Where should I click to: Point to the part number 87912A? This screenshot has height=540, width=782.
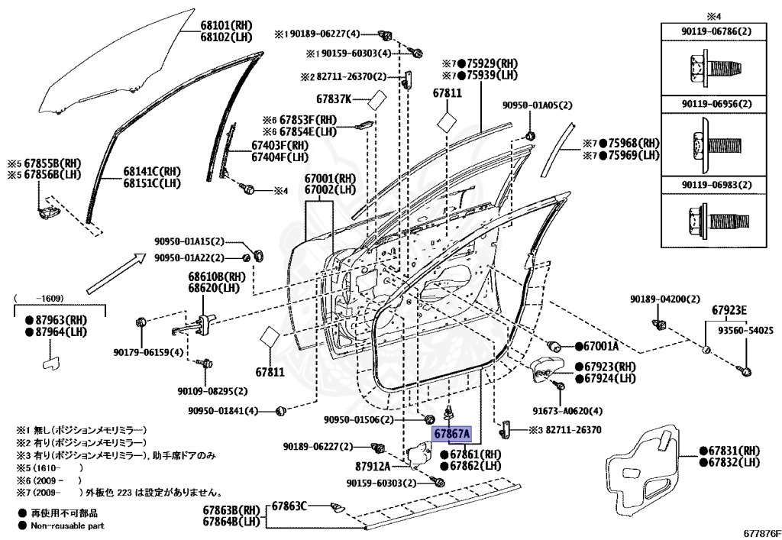click(x=373, y=465)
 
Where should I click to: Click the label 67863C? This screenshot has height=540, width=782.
click(x=289, y=506)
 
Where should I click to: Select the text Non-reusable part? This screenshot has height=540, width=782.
click(x=67, y=525)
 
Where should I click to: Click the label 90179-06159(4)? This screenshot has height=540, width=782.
click(x=148, y=352)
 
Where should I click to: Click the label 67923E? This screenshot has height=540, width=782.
click(x=729, y=310)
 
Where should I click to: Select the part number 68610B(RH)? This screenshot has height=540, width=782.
click(x=217, y=276)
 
